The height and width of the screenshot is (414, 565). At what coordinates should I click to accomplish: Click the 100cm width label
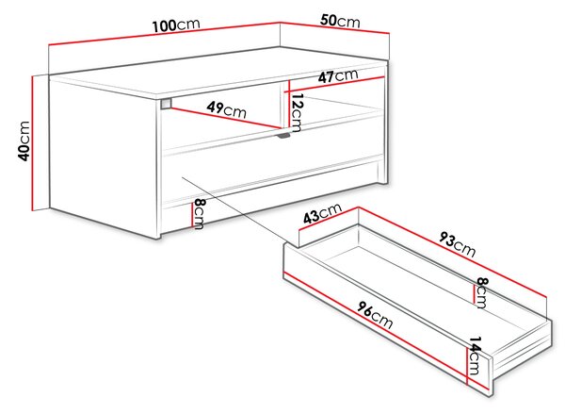coord(176,25)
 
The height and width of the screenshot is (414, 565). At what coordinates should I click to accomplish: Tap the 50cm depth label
coord(340,22)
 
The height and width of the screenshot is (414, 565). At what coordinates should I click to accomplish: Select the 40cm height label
coord(24,141)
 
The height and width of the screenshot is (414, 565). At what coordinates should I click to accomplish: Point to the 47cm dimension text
coord(338,76)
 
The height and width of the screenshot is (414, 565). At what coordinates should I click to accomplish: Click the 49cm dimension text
coord(227,109)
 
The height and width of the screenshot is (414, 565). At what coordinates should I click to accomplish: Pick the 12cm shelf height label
coord(298,113)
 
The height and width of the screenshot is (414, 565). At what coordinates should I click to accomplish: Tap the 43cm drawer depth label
coord(322,214)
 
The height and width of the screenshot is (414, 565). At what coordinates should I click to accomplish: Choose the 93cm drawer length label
coord(457,244)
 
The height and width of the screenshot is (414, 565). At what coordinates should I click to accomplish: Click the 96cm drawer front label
coord(375,315)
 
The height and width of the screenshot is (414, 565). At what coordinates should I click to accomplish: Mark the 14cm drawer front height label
coord(474,356)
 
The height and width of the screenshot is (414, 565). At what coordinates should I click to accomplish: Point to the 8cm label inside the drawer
coord(482,292)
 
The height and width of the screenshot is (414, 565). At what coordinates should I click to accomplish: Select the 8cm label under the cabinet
coord(199,214)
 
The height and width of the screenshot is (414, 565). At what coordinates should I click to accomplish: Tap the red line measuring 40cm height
coord(33,143)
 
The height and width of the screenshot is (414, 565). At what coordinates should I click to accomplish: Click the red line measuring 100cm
coord(164,34)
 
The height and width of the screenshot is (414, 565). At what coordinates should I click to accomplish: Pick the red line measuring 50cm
coord(334,27)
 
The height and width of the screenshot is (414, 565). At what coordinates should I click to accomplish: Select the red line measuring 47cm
coord(335,85)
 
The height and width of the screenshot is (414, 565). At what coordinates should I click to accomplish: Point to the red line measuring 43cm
coord(329,219)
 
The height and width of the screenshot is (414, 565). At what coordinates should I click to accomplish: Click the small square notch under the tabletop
coord(166,103)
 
